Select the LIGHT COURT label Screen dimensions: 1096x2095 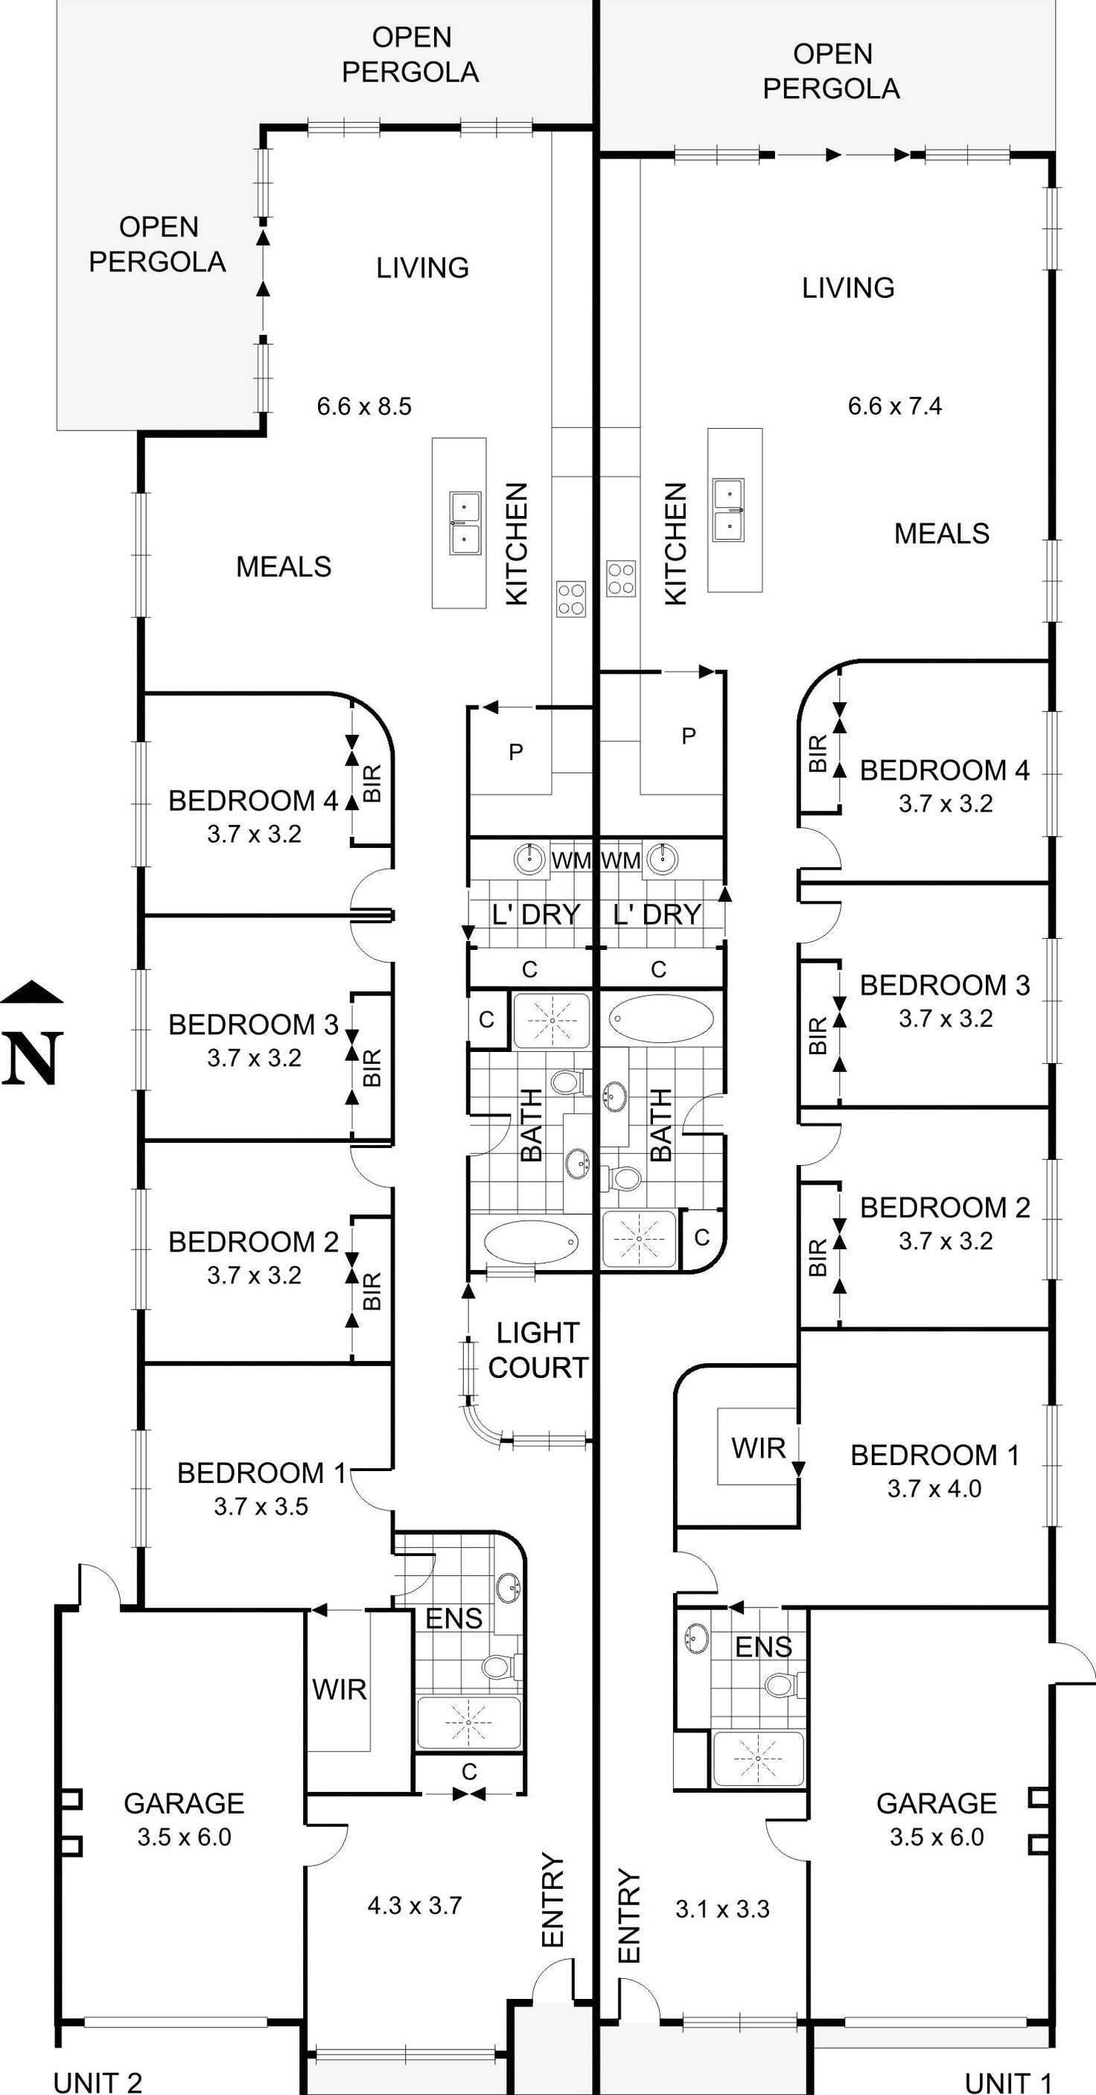(538, 1350)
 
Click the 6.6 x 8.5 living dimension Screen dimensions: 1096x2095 (364, 406)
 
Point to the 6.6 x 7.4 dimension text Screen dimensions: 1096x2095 (894, 406)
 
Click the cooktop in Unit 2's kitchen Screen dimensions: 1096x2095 (571, 599)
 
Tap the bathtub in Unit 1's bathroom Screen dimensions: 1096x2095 (661, 1018)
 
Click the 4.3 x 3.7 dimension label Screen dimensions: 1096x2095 (415, 1905)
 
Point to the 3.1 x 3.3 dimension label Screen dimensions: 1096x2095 (722, 1909)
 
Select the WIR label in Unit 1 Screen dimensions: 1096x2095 (758, 1447)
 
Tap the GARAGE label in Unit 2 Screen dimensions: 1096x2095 (184, 1803)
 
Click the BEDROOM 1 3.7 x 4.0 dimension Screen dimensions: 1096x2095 (934, 1488)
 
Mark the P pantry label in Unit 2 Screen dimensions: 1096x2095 (515, 752)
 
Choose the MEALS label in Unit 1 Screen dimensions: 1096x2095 (942, 534)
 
